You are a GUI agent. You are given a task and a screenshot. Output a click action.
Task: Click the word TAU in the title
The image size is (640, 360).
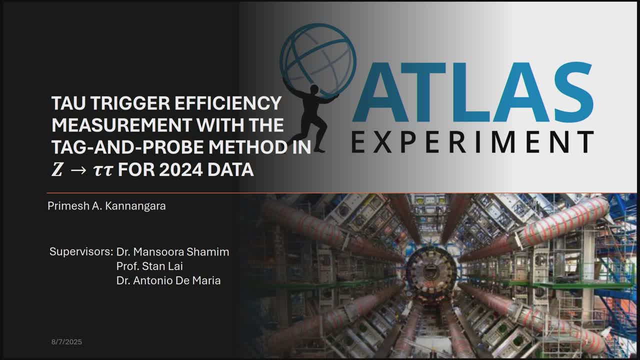pyautogui.click(x=68, y=103)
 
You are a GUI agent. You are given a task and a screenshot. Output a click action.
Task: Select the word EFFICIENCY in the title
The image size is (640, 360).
pyautogui.click(x=228, y=103)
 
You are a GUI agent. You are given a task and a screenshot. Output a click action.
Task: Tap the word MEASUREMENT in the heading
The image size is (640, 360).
pyautogui.click(x=121, y=125)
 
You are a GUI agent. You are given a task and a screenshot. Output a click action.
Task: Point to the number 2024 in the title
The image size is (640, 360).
pyautogui.click(x=181, y=169)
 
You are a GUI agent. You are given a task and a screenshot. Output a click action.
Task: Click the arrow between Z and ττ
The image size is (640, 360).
pyautogui.click(x=78, y=170)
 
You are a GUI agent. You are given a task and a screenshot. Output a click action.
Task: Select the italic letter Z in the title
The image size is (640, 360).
pyautogui.click(x=57, y=169)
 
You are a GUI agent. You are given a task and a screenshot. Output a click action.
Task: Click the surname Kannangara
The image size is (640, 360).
pyautogui.click(x=135, y=206)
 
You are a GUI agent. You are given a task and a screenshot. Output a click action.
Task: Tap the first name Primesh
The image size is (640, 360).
pyautogui.click(x=68, y=206)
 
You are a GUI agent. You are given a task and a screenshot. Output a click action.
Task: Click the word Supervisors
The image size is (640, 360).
pyautogui.click(x=81, y=252)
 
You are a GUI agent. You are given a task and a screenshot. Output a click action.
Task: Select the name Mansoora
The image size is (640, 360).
pyautogui.click(x=158, y=252)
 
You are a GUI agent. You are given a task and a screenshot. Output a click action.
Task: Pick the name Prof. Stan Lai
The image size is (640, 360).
pyautogui.click(x=149, y=266)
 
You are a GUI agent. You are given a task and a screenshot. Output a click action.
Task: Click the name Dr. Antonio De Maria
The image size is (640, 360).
pyautogui.click(x=168, y=281)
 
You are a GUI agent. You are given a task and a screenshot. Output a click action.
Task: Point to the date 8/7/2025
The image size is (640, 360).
pyautogui.click(x=66, y=342)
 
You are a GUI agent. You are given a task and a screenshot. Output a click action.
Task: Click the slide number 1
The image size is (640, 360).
pyautogui.click(x=586, y=342)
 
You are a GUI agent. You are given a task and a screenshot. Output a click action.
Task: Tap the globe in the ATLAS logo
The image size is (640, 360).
pyautogui.click(x=318, y=60)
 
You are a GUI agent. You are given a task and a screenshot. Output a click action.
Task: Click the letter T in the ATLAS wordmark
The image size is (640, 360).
pyautogui.click(x=423, y=92)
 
